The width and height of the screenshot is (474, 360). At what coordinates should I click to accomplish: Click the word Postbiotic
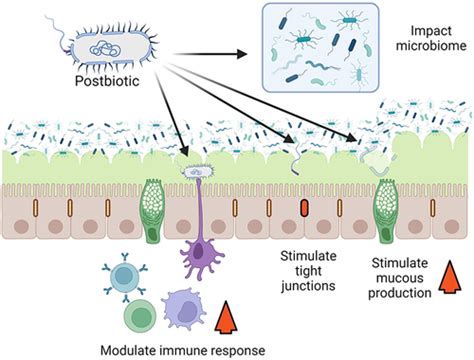[x=107, y=82]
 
